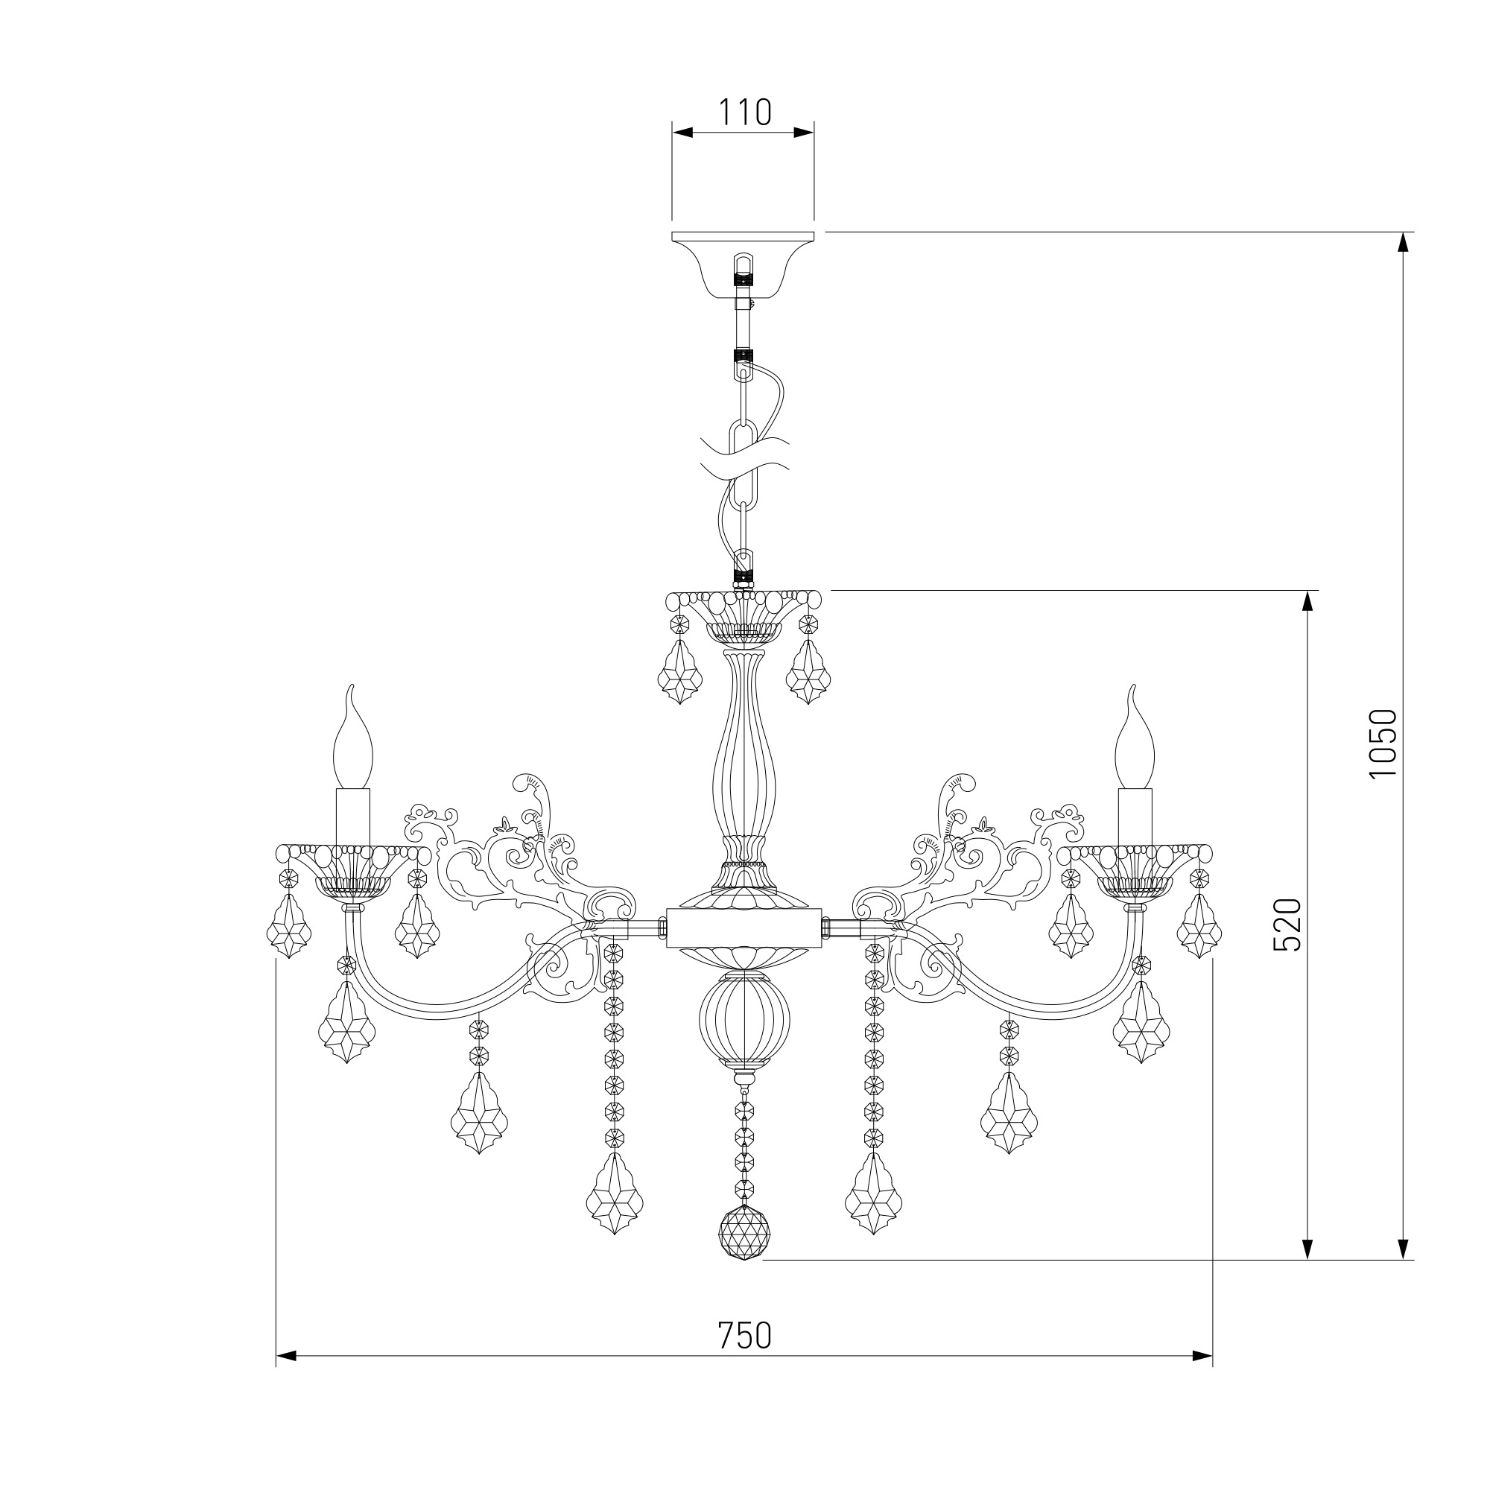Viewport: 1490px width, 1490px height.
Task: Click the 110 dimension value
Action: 744,112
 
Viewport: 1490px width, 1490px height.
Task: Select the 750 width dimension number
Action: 744,1336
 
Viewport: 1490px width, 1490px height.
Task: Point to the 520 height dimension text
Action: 1287,925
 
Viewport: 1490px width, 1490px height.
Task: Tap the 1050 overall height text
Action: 1383,744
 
